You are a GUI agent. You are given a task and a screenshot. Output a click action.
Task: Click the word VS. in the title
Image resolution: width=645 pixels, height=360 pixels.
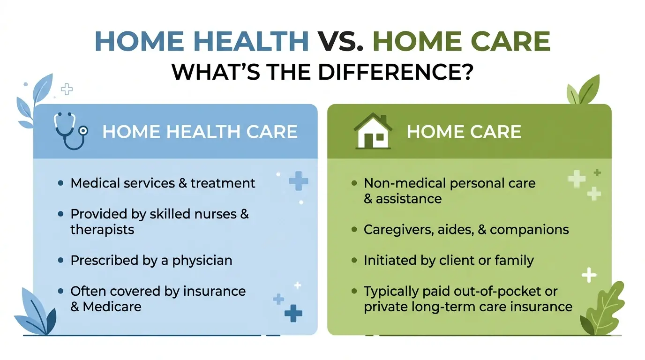point(341,41)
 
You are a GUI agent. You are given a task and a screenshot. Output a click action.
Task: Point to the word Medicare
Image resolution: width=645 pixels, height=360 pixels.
point(112,307)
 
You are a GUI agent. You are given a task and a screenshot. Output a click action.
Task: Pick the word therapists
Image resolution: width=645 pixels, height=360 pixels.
point(102,230)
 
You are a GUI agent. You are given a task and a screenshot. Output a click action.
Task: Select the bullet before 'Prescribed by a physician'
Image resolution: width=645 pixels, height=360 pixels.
point(60,261)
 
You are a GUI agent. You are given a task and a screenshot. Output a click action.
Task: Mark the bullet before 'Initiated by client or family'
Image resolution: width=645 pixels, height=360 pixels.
point(354,261)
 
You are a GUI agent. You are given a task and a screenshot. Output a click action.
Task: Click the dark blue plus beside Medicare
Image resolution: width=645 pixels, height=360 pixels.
point(293,313)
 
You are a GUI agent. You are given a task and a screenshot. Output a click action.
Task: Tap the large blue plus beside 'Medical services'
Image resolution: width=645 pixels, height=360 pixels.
point(298,181)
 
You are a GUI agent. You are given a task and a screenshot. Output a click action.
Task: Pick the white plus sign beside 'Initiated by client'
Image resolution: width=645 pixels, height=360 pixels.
point(589,275)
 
